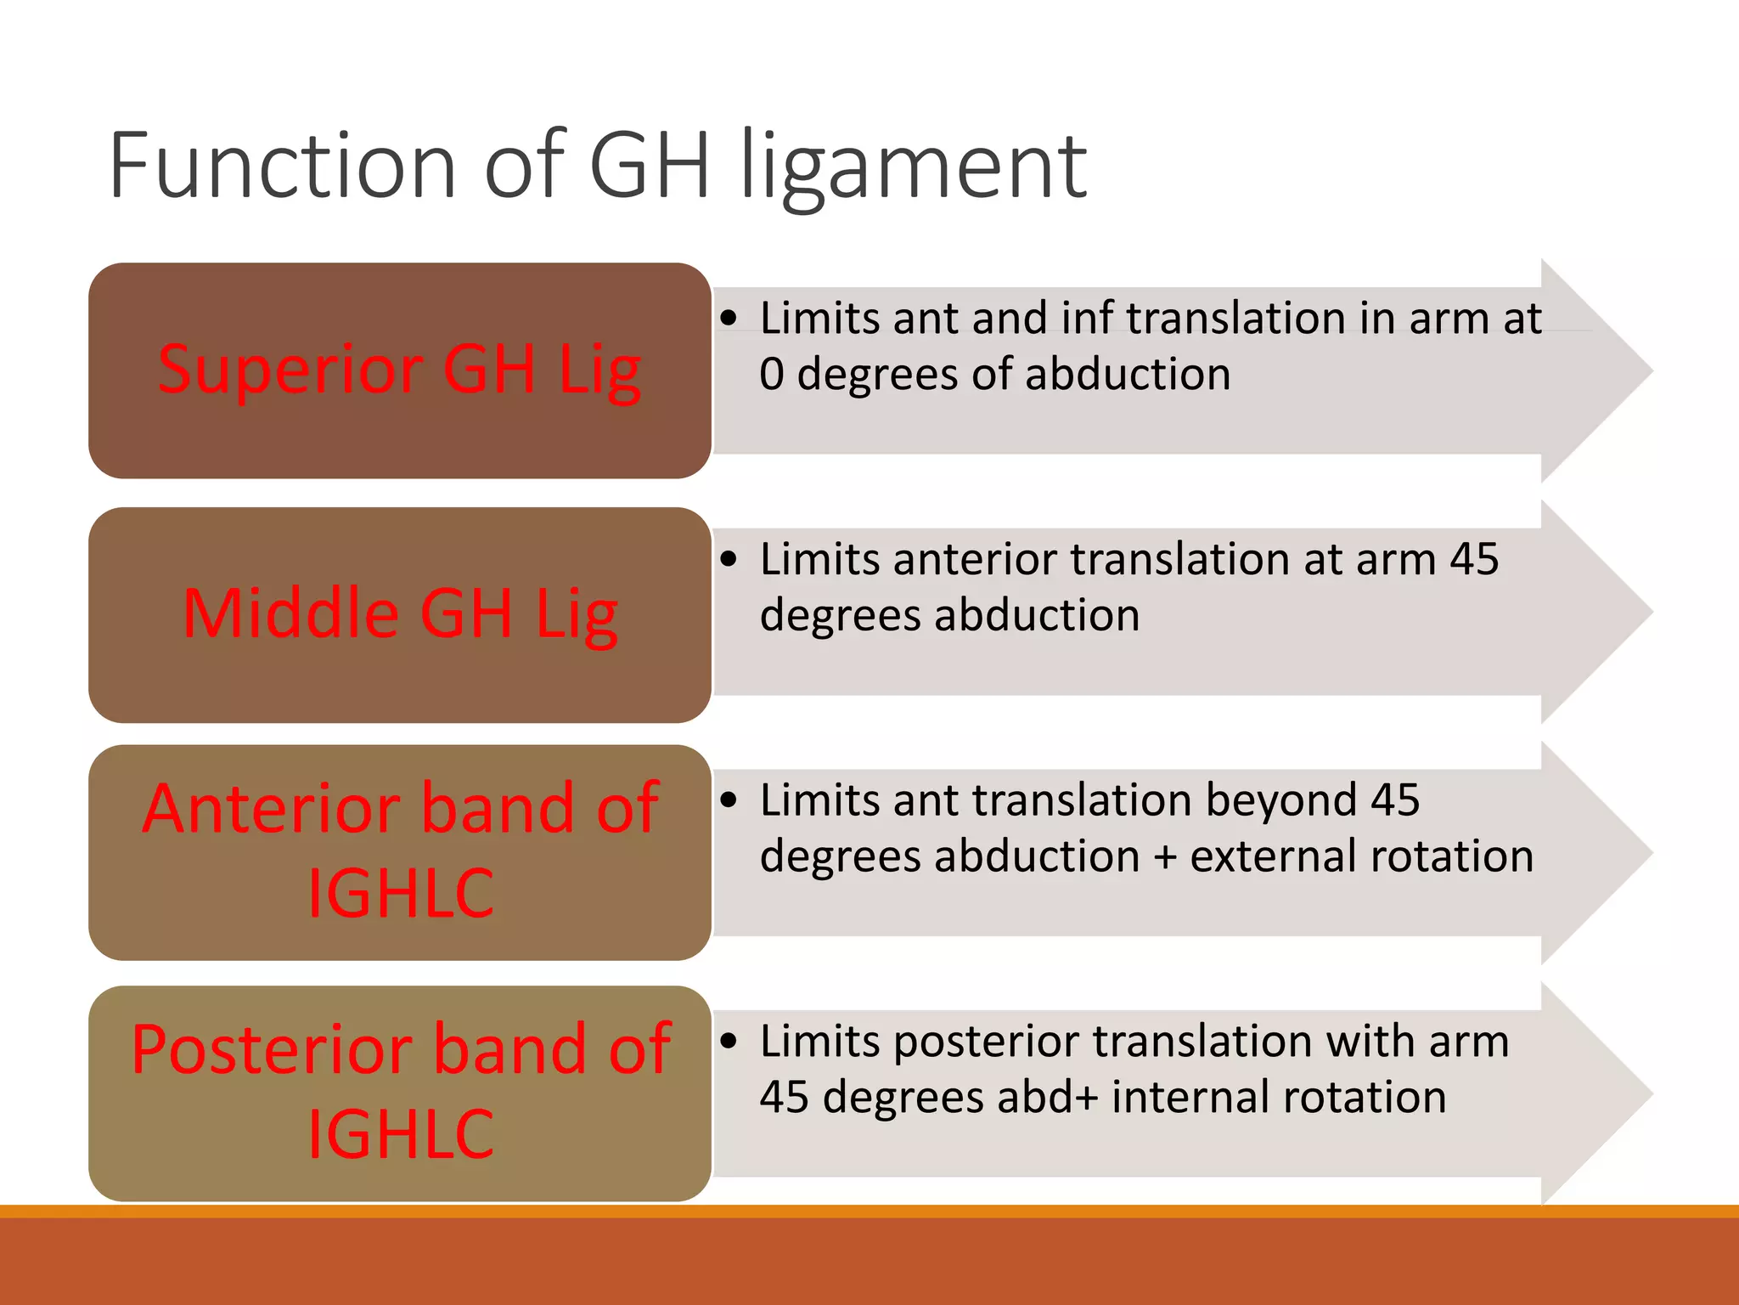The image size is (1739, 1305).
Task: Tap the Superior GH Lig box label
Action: point(399,370)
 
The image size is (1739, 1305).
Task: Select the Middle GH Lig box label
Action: point(399,613)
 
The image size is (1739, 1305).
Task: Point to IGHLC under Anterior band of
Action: point(400,893)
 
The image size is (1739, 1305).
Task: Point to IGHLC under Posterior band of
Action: point(400,1134)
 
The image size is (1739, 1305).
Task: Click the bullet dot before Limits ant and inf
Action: point(729,319)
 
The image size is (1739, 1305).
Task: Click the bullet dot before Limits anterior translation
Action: point(729,560)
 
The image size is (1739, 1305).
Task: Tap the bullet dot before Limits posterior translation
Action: point(729,1042)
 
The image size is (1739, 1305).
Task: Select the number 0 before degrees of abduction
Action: point(771,375)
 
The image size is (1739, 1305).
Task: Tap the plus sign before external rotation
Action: point(1165,857)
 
